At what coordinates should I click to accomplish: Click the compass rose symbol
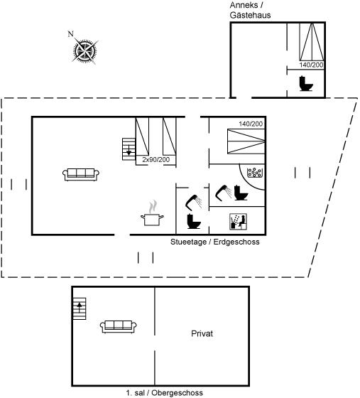tap(84, 51)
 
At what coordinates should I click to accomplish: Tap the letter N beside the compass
tap(70, 34)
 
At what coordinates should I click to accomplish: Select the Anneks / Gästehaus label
tap(250, 10)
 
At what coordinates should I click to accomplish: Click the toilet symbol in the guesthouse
tap(306, 83)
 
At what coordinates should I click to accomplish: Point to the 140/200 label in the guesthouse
tap(311, 65)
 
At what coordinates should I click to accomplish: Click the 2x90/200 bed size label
tap(156, 160)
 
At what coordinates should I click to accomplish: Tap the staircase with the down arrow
tap(129, 149)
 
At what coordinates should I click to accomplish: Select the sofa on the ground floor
tap(81, 175)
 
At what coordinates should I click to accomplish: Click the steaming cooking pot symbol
tap(152, 213)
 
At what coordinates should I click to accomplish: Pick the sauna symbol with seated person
tap(239, 222)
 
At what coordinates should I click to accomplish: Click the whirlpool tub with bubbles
tap(255, 173)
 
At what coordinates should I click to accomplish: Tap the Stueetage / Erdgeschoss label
tap(215, 242)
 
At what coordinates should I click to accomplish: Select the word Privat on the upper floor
tap(202, 333)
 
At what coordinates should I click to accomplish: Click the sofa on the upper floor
tap(119, 327)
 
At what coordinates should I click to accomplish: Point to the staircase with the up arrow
tap(80, 308)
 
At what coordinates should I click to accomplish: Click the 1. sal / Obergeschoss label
tap(165, 393)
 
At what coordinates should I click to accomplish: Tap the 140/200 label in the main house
tap(251, 124)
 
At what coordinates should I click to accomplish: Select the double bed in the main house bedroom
tap(246, 141)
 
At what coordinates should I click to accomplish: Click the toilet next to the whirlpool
tap(241, 193)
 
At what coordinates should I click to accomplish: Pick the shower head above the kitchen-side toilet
tap(194, 202)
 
